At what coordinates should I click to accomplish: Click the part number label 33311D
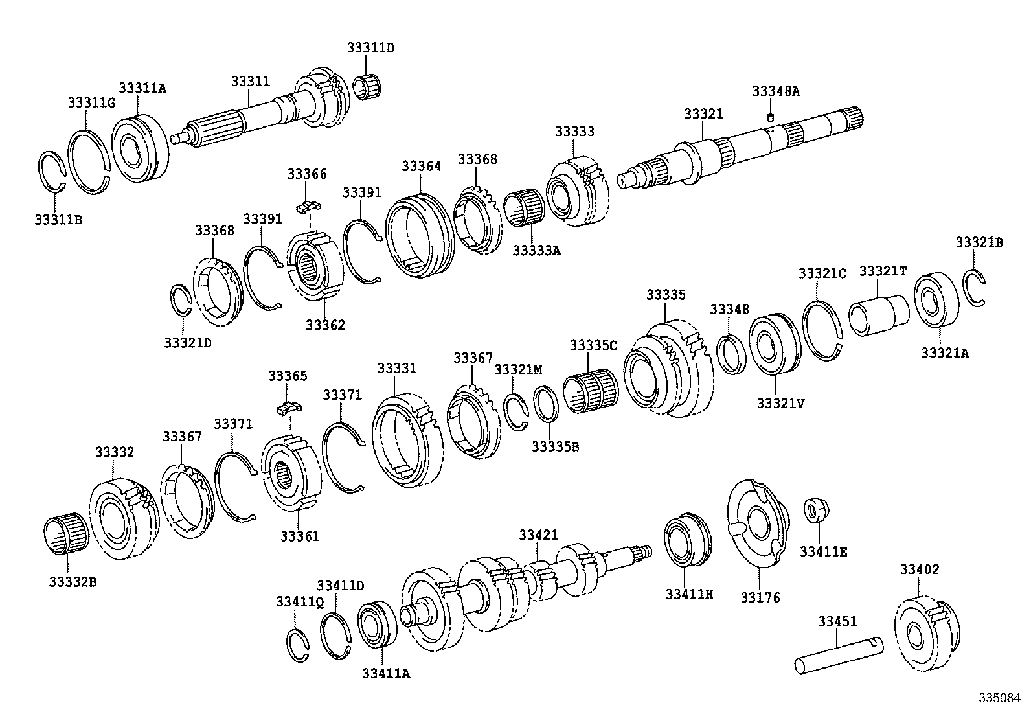click(370, 48)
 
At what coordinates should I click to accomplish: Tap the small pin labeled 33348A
click(771, 117)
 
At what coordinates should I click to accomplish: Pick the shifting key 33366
click(308, 206)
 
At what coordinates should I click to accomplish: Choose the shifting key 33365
click(289, 408)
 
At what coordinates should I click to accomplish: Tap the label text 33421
click(538, 534)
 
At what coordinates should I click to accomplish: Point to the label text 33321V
click(780, 403)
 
